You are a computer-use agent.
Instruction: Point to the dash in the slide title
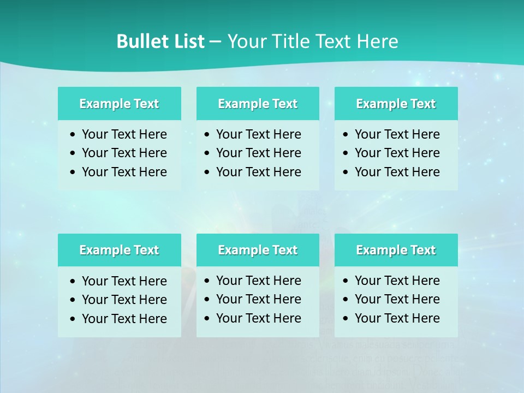coord(215,42)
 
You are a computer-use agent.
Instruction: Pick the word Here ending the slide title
coord(377,41)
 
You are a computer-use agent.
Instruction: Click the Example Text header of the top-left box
coord(119,104)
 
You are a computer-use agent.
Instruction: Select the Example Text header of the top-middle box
coord(258,104)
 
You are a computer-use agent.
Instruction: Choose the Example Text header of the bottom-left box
coord(119,250)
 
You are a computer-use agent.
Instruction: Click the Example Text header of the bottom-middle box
coord(258,250)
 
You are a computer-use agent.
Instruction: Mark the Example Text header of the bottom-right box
coord(396,250)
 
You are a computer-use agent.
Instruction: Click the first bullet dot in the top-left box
coord(73,135)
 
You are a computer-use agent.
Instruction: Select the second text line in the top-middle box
coord(258,153)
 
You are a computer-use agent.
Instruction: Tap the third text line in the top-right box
coord(397,172)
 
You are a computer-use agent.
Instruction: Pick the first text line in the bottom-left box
coord(124,281)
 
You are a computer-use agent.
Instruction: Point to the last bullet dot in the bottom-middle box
coord(207,318)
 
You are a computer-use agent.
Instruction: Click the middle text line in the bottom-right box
coord(397,299)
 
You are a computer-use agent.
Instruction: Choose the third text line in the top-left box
coord(124,172)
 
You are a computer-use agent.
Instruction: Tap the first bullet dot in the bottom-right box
coord(346,281)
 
